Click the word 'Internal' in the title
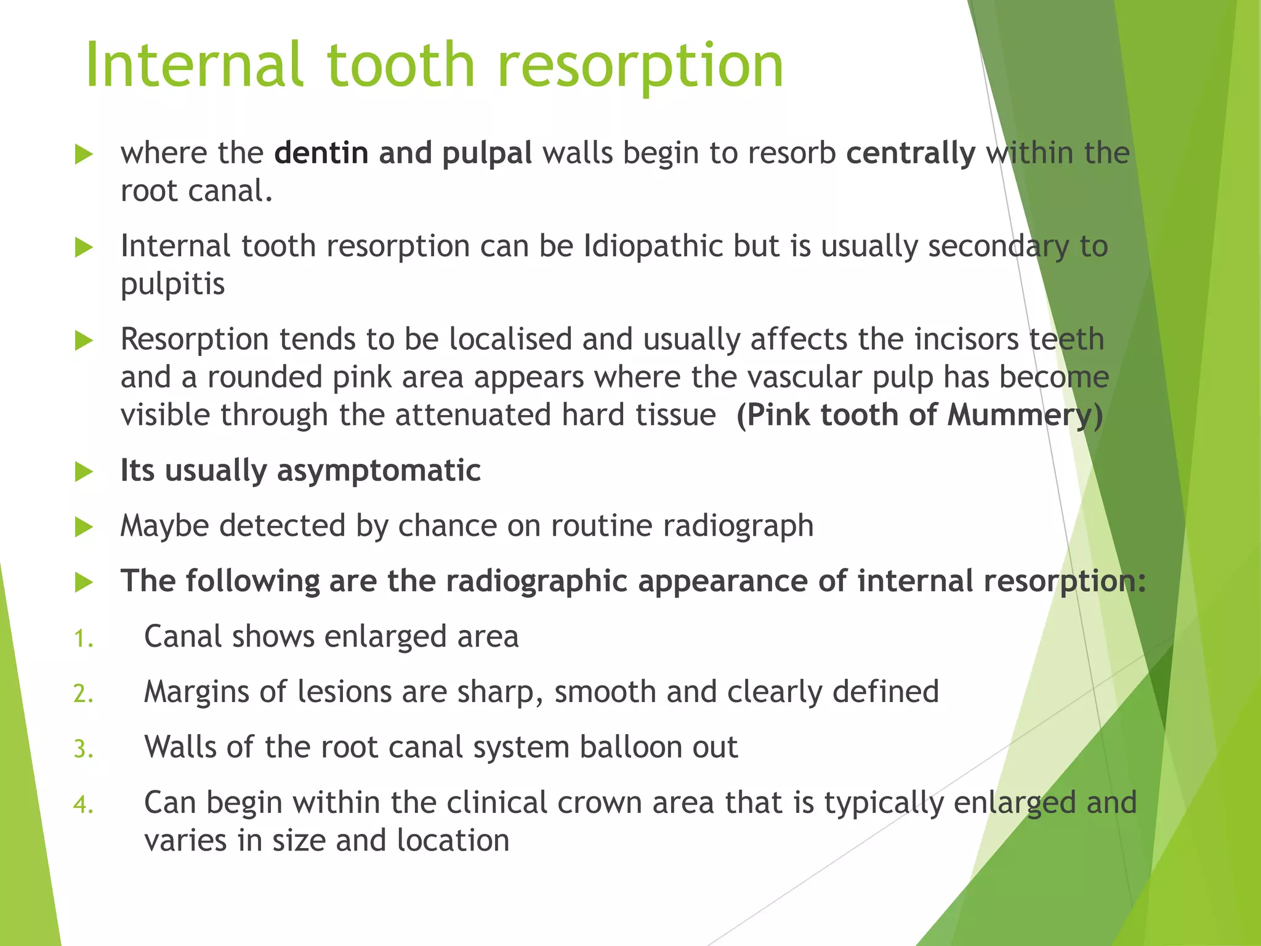click(195, 65)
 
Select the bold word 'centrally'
click(911, 153)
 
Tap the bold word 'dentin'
click(321, 153)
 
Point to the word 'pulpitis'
click(172, 285)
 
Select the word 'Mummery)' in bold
click(1025, 415)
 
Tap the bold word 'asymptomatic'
click(379, 471)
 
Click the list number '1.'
click(83, 639)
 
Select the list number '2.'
click(83, 694)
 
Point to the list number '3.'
click(83, 750)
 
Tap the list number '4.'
click(83, 805)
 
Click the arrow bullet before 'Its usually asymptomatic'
click(83, 472)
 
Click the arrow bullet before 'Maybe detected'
click(83, 527)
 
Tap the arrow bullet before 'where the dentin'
click(83, 154)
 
